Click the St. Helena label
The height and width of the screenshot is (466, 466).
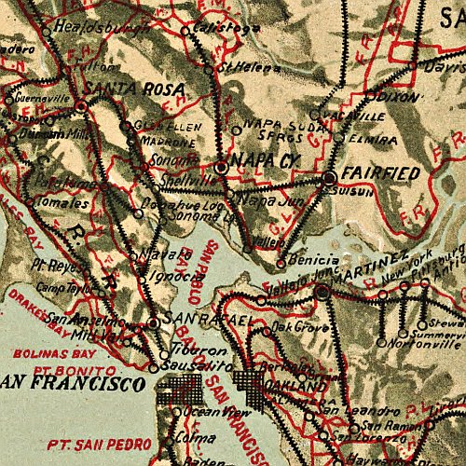pos(240,67)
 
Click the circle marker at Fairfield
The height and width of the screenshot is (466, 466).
pos(329,176)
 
